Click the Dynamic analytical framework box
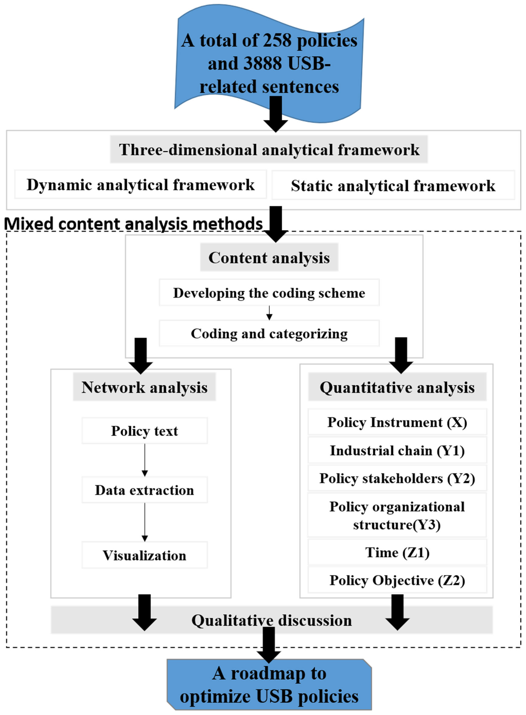coord(140,185)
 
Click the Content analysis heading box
coord(269,257)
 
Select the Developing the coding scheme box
coord(269,293)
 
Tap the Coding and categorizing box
coord(269,333)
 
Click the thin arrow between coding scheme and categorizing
coord(269,313)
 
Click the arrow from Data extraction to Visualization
coord(144,522)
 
